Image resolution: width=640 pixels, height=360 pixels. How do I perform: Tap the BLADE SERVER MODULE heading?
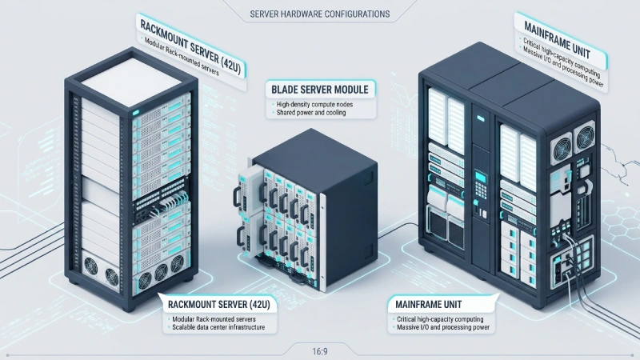pos(320,90)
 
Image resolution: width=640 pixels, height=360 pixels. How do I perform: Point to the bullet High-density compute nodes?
pos(314,105)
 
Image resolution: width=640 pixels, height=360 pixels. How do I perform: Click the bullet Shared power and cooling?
pos(311,113)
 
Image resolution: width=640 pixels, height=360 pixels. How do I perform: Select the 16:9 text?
pos(320,351)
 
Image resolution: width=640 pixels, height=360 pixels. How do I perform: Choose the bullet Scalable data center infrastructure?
pos(218,327)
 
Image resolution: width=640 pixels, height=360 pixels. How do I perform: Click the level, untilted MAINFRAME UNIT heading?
pos(429,305)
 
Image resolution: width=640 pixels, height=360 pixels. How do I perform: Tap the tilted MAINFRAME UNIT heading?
pos(557,39)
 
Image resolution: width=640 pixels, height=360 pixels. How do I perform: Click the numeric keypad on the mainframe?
pos(481,190)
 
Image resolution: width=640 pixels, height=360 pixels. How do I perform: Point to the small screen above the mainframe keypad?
pos(481,177)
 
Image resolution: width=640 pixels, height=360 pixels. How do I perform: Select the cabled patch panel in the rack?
pos(162,202)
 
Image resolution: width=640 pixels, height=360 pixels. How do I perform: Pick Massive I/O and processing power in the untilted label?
pos(443,327)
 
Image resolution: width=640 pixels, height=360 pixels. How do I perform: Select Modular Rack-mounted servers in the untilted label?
pos(214,319)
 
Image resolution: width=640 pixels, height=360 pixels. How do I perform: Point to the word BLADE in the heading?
pos(285,90)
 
